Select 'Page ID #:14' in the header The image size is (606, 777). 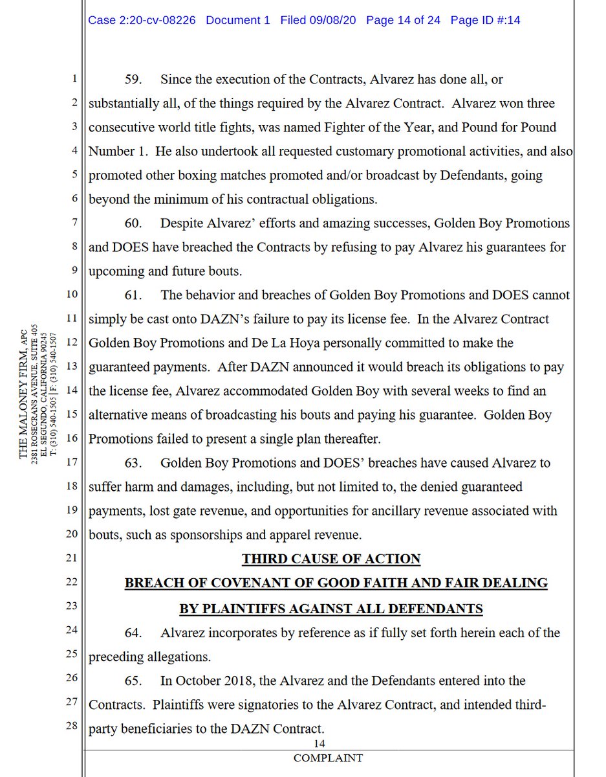(x=485, y=20)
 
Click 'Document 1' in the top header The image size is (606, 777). (x=238, y=20)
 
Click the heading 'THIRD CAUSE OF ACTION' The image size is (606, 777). (x=331, y=558)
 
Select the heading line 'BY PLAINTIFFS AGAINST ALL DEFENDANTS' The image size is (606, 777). (x=331, y=609)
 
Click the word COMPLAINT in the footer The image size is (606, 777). (x=328, y=758)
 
